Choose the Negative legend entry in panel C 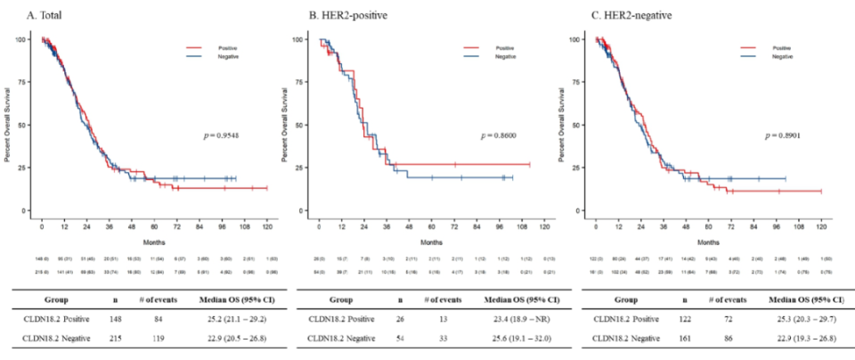click(x=782, y=56)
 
